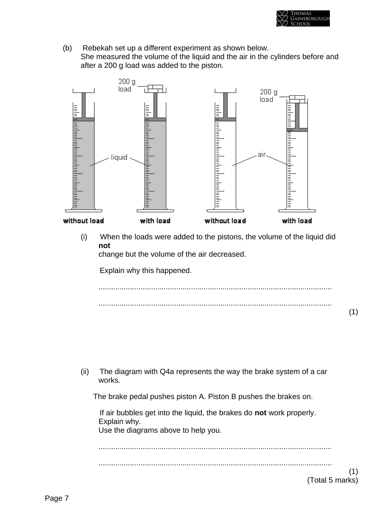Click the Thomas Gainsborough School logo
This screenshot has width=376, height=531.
coord(303,18)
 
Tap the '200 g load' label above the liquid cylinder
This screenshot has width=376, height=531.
coord(126,85)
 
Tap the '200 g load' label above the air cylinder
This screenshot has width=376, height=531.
coord(268,96)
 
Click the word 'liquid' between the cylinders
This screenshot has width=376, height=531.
coord(119,157)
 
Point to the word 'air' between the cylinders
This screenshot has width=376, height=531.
coord(261,155)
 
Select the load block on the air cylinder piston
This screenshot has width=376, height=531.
coord(297,98)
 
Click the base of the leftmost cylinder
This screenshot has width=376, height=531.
coord(83,210)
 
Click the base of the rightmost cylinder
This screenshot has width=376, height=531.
coord(297,210)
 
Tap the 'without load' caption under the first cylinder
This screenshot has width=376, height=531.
coord(83,221)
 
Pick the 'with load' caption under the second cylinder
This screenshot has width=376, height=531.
coord(155,221)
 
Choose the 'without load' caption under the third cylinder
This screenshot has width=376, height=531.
coord(225,221)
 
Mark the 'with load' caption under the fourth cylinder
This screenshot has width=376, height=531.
coord(297,221)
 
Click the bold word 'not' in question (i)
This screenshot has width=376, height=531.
coord(104,246)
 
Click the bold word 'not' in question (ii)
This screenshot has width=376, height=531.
coord(260,413)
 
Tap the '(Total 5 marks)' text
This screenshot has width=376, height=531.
coord(332,480)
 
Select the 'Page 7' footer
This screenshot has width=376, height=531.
coord(57,498)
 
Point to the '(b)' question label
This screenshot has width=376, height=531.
coord(67,48)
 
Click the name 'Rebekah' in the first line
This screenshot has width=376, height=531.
coord(98,48)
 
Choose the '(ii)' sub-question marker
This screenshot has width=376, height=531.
coord(85,372)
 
